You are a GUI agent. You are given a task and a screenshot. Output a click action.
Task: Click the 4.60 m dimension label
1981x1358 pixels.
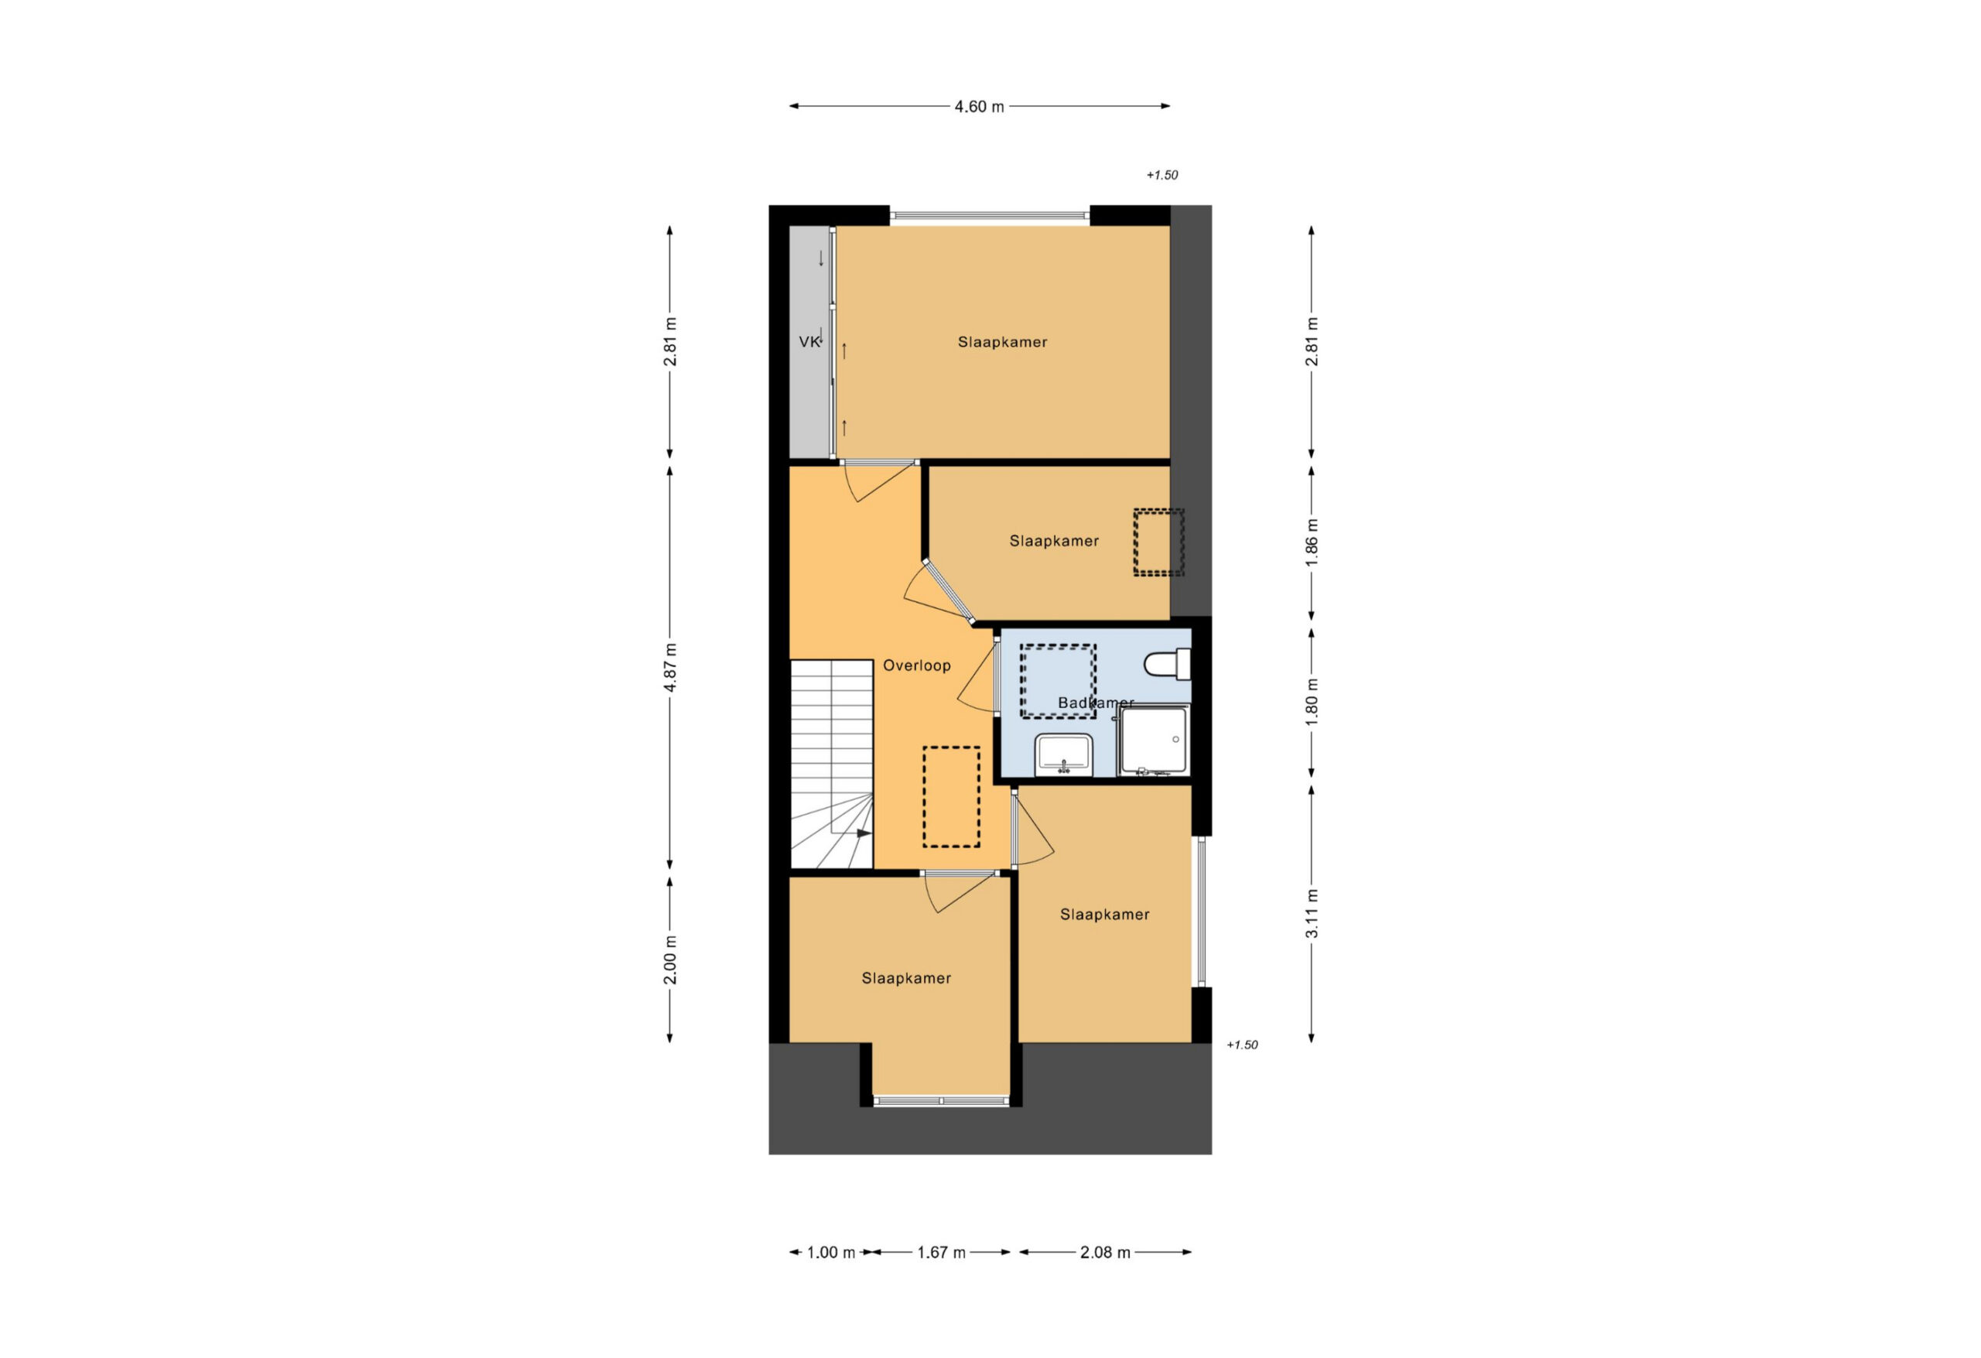(979, 107)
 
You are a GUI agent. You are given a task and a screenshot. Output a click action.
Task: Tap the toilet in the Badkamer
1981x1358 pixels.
(1168, 664)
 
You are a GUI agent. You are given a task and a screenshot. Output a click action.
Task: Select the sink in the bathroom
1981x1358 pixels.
(1064, 754)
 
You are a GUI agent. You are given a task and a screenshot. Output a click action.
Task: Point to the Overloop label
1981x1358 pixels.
(916, 665)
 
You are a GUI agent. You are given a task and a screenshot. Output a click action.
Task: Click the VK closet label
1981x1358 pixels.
(809, 342)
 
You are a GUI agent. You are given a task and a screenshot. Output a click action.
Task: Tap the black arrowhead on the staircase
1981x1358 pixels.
(864, 833)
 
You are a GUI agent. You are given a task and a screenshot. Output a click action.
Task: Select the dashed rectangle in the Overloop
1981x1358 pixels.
(951, 797)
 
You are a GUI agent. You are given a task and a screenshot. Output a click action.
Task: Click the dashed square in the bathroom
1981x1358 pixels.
(1058, 681)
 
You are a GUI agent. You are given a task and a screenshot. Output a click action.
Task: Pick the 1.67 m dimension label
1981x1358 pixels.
(941, 1252)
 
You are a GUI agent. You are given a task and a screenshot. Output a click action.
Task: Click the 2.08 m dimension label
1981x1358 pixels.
(1105, 1252)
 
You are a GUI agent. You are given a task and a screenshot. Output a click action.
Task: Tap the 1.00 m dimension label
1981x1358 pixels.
(830, 1252)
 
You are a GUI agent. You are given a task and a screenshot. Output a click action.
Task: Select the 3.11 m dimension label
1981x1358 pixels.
(1312, 914)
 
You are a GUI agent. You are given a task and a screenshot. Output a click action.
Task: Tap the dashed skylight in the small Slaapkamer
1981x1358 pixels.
(1158, 542)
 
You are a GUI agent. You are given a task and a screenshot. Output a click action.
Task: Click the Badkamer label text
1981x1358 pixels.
(1095, 703)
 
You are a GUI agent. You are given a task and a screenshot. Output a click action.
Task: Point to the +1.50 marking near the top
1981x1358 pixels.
(1162, 175)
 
